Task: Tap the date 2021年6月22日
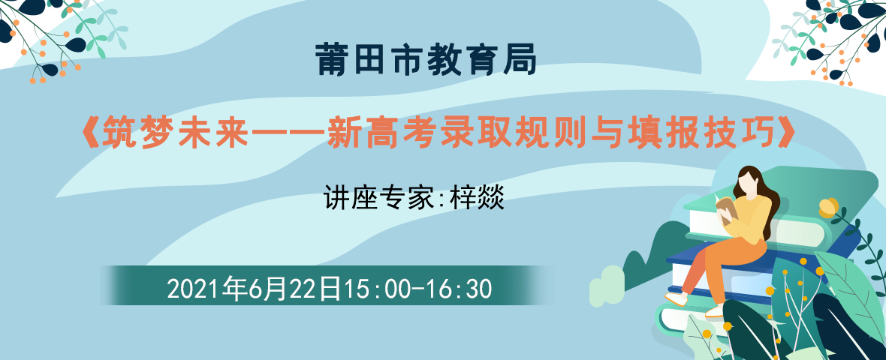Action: [x=255, y=289]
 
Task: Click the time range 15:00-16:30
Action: [x=418, y=289]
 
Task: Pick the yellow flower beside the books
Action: [x=830, y=207]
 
